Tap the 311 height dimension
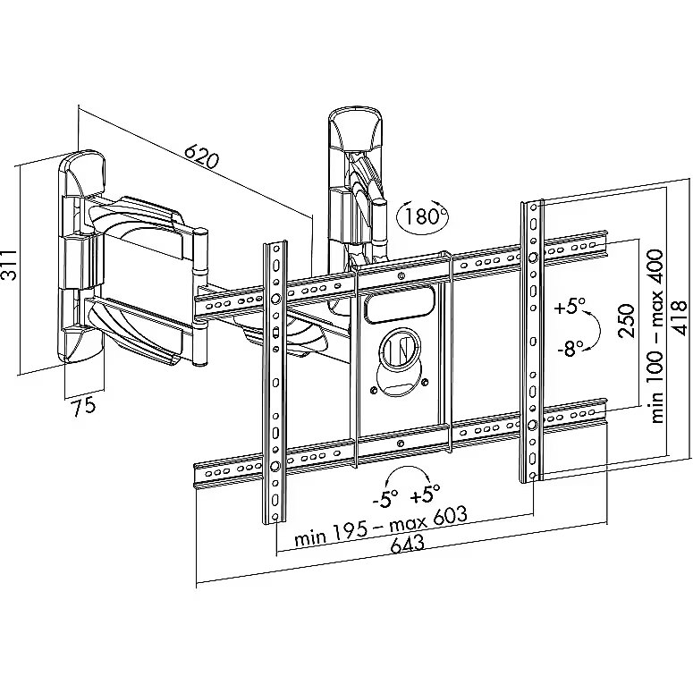pos(9,265)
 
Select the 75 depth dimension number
pos(83,406)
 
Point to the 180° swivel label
pos(423,216)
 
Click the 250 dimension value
pos(626,320)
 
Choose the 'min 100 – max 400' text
pos(657,337)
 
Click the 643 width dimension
pos(407,544)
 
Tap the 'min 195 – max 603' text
pos(381,527)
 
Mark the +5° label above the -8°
pos(570,306)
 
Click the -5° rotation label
pos(385,499)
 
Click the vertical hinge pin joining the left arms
pos(200,297)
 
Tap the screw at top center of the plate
pos(401,276)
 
